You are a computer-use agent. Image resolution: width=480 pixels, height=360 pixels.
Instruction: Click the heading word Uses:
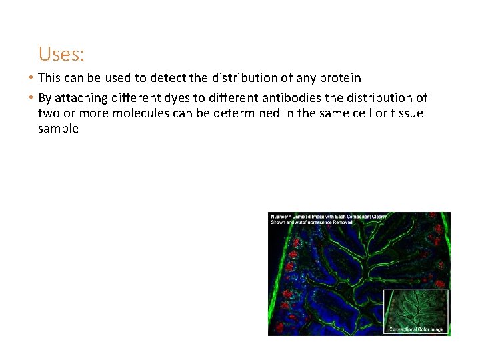(61, 53)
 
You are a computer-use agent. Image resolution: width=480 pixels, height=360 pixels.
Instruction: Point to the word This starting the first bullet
(49, 79)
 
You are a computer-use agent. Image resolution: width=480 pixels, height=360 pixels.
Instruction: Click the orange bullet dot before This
(33, 79)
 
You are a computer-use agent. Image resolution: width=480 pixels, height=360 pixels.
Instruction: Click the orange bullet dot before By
(33, 98)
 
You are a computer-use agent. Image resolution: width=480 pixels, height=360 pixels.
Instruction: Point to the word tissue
(403, 113)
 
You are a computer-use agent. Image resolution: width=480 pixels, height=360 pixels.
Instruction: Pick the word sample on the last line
(58, 129)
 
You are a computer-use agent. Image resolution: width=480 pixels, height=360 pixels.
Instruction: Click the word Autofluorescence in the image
(311, 223)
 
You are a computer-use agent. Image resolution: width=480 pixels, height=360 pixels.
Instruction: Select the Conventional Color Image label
(416, 329)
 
